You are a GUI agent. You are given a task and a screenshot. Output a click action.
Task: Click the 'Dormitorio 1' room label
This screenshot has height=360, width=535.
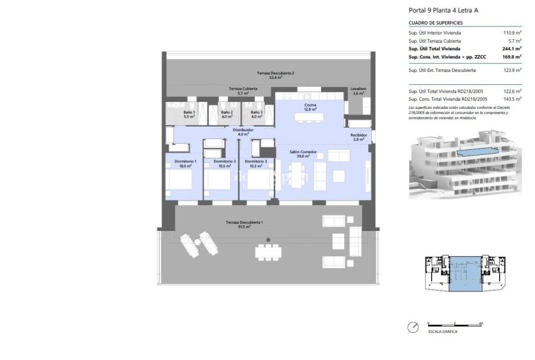[186, 161]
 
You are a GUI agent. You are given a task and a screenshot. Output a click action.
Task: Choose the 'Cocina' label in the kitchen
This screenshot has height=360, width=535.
[310, 104]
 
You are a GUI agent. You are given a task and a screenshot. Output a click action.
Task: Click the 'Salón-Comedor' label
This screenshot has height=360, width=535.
[302, 153]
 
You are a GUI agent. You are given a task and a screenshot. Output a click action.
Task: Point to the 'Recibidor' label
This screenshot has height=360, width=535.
[359, 135]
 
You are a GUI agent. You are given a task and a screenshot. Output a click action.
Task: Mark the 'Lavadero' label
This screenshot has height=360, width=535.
[359, 89]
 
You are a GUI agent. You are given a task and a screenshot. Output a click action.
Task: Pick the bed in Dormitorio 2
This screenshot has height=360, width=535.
[217, 182]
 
